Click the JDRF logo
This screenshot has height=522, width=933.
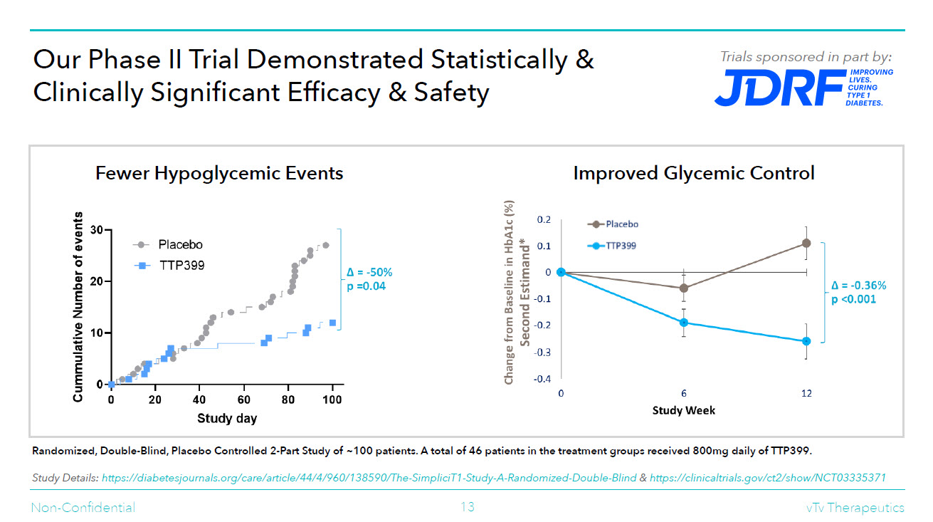tap(803, 88)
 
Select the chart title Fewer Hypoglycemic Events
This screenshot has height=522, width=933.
tap(219, 173)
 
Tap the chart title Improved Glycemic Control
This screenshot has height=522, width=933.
tap(693, 173)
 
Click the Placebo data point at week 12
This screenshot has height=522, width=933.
tap(806, 243)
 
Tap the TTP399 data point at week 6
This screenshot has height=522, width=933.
tap(684, 323)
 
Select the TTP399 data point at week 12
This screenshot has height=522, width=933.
tap(806, 341)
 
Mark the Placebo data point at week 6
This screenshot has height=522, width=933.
tap(684, 288)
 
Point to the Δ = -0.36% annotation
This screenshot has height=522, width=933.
tap(858, 286)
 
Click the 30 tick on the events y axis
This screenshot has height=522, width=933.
tap(97, 231)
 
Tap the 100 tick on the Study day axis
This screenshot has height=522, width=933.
tap(332, 400)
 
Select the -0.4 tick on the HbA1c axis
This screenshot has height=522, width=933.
tap(542, 379)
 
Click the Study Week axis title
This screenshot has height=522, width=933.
tap(684, 410)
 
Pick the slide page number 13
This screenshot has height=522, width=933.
tap(467, 507)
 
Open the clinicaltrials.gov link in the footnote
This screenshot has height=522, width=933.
tap(767, 478)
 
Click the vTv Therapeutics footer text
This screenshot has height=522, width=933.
tap(850, 507)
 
